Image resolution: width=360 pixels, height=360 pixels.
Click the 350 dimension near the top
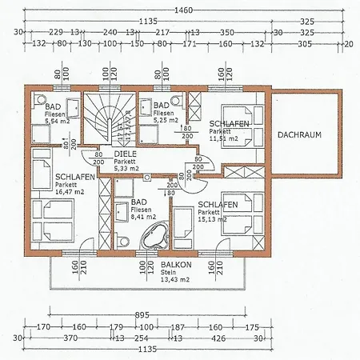[226, 33]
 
